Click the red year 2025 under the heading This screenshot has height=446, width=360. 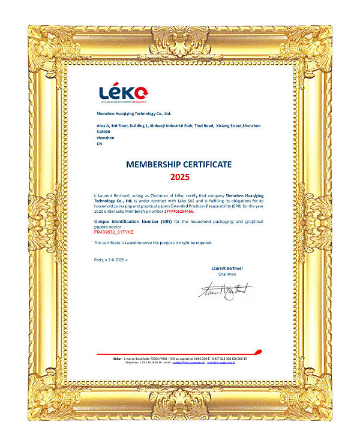pos(179,177)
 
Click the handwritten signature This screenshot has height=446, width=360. pos(226,290)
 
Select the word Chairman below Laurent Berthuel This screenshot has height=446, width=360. pos(227,273)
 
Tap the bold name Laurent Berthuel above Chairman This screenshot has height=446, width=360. pos(227,267)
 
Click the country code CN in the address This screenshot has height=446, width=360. pos(100,144)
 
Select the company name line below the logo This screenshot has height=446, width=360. pos(134,113)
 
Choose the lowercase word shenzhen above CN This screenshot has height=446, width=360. pos(105,138)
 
